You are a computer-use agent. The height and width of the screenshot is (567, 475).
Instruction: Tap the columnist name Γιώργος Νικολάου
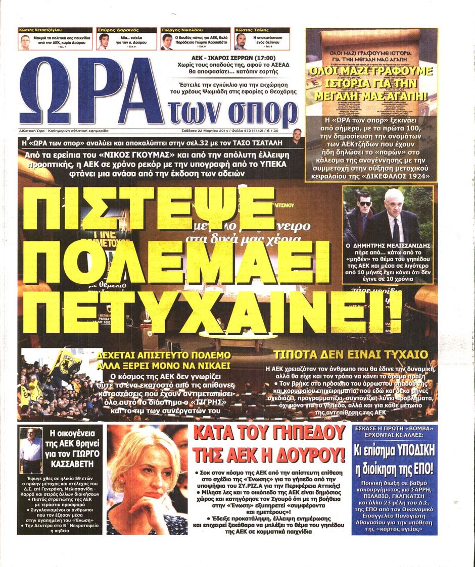pyautogui.click(x=183, y=31)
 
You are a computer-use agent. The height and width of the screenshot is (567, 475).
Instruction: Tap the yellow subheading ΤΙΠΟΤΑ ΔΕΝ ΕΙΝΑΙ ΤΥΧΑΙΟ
pyautogui.click(x=350, y=354)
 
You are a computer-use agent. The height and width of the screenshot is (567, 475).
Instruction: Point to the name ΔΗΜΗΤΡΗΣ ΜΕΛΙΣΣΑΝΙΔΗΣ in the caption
pyautogui.click(x=388, y=248)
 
